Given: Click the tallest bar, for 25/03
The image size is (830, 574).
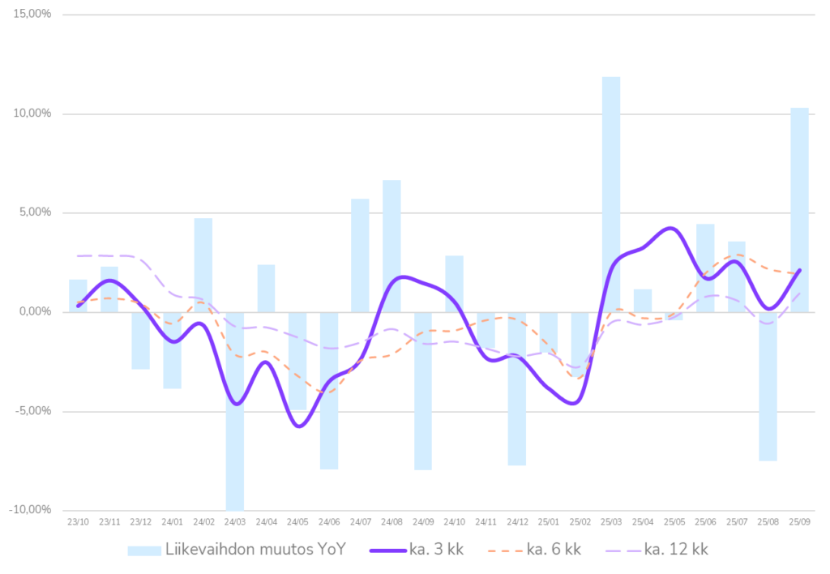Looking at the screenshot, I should (611, 194).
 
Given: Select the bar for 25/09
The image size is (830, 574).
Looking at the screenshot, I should (799, 209).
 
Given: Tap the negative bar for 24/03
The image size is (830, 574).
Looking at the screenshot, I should (235, 410).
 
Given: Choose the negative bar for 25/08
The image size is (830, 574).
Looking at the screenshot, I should (768, 386).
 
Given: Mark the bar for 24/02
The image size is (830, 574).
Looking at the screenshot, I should (203, 264).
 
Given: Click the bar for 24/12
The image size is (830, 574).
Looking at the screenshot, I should (517, 389).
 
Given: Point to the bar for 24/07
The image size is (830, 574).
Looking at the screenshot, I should (360, 255).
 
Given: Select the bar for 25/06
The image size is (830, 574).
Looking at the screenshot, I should (705, 268).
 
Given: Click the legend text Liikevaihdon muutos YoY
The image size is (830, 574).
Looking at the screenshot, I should (255, 550).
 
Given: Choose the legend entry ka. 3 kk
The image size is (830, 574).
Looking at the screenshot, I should (436, 550).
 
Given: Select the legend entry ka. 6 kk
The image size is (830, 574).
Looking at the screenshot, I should (554, 550).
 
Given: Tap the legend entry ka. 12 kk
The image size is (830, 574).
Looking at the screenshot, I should (676, 550).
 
